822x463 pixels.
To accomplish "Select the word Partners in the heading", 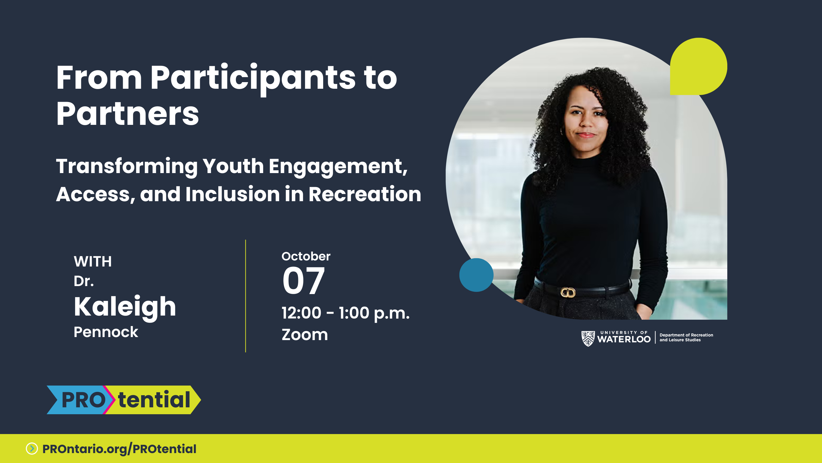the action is coord(127,114).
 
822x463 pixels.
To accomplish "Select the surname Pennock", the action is coord(106,332).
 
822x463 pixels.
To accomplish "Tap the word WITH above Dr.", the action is coord(93,261).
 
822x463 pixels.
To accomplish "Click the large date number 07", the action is coord(303,281).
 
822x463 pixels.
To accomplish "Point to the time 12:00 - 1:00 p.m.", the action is coord(345,313).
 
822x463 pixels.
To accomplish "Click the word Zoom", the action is coord(305,335).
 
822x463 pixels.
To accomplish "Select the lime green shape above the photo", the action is coord(698,66).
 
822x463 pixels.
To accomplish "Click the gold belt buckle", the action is coord(568,292).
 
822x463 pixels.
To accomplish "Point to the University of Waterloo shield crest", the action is coord(588,338).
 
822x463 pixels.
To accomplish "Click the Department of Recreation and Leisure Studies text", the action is coord(686,337).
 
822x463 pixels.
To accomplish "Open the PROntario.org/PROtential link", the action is coord(119,449).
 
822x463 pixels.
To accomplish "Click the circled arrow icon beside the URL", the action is coord(32,449).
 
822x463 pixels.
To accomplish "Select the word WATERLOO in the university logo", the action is coord(624,339).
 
